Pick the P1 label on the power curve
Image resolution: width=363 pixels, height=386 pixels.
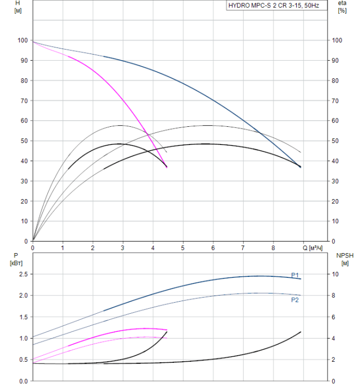[x=295, y=275]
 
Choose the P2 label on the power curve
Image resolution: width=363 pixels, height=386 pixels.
[x=295, y=300]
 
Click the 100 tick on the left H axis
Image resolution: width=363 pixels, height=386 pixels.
[x=22, y=40]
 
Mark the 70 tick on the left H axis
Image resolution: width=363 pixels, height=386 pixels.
[x=24, y=100]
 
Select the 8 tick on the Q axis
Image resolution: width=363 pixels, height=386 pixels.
[x=273, y=248]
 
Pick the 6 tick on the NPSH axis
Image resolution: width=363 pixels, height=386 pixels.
[x=335, y=317]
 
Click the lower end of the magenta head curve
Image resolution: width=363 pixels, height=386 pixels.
[x=167, y=167]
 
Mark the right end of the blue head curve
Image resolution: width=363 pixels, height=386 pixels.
[x=301, y=167]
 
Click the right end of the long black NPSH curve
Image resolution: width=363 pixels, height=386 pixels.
[x=301, y=331]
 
